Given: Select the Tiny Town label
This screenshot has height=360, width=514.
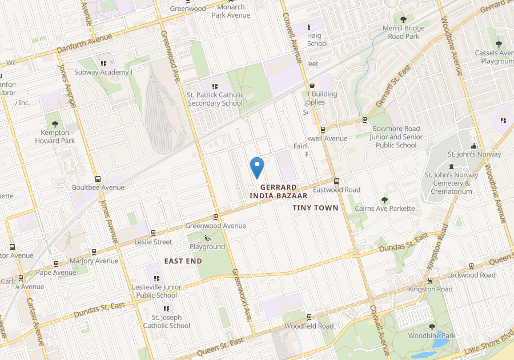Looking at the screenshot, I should [315, 208].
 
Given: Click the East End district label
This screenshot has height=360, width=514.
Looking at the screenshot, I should [183, 261].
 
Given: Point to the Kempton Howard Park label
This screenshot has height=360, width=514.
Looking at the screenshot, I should [55, 137].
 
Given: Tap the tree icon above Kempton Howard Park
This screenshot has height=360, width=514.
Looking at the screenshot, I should [55, 123].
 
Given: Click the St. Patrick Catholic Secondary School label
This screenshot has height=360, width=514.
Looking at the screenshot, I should [216, 99].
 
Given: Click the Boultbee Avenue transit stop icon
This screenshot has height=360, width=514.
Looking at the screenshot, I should [98, 179].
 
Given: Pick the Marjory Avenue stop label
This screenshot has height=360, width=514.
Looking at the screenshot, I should [94, 261].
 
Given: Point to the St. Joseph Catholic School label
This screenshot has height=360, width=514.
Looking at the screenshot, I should [166, 322].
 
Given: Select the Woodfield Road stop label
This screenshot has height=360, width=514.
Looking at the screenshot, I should [309, 326].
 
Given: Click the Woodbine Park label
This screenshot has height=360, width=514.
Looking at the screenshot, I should [432, 336].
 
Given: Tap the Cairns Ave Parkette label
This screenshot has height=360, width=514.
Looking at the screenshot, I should [385, 209].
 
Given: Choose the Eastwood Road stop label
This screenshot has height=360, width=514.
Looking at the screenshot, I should [336, 190].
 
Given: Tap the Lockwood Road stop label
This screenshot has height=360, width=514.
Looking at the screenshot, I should [471, 275].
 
